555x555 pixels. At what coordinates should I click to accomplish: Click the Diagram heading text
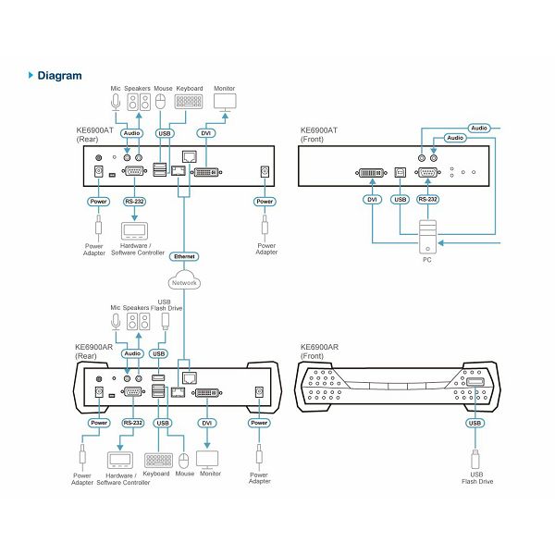coord(59,76)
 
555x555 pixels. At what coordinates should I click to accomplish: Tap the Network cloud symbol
coord(184,279)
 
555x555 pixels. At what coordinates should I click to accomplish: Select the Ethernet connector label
coord(184,256)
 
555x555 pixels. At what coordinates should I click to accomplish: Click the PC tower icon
coord(427,237)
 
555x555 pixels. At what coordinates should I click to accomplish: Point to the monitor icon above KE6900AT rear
coord(225,103)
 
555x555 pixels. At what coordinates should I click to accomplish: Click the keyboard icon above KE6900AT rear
coord(189,101)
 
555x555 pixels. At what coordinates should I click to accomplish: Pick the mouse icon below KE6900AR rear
coord(183,461)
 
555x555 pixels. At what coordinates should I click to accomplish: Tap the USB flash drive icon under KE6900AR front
coord(475,460)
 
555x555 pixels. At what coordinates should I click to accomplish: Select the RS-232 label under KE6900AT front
coord(427,199)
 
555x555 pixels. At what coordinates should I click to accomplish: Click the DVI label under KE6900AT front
coord(372,200)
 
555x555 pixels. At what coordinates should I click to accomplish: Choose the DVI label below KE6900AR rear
coord(206,423)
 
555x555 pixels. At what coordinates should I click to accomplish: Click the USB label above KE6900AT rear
coord(165,133)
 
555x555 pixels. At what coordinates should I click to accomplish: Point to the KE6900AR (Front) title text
coord(319,351)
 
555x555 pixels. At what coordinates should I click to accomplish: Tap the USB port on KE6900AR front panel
coord(475,382)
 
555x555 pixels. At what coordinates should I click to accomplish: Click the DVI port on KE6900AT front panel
coord(371,173)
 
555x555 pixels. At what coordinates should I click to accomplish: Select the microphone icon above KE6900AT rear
coord(116,102)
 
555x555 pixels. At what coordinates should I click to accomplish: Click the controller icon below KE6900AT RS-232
coord(134,231)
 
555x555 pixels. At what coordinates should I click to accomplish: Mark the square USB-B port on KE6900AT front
coord(400,172)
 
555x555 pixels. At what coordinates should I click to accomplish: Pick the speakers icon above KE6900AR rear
coord(139,321)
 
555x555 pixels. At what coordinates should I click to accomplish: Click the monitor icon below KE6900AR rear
coord(207,460)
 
